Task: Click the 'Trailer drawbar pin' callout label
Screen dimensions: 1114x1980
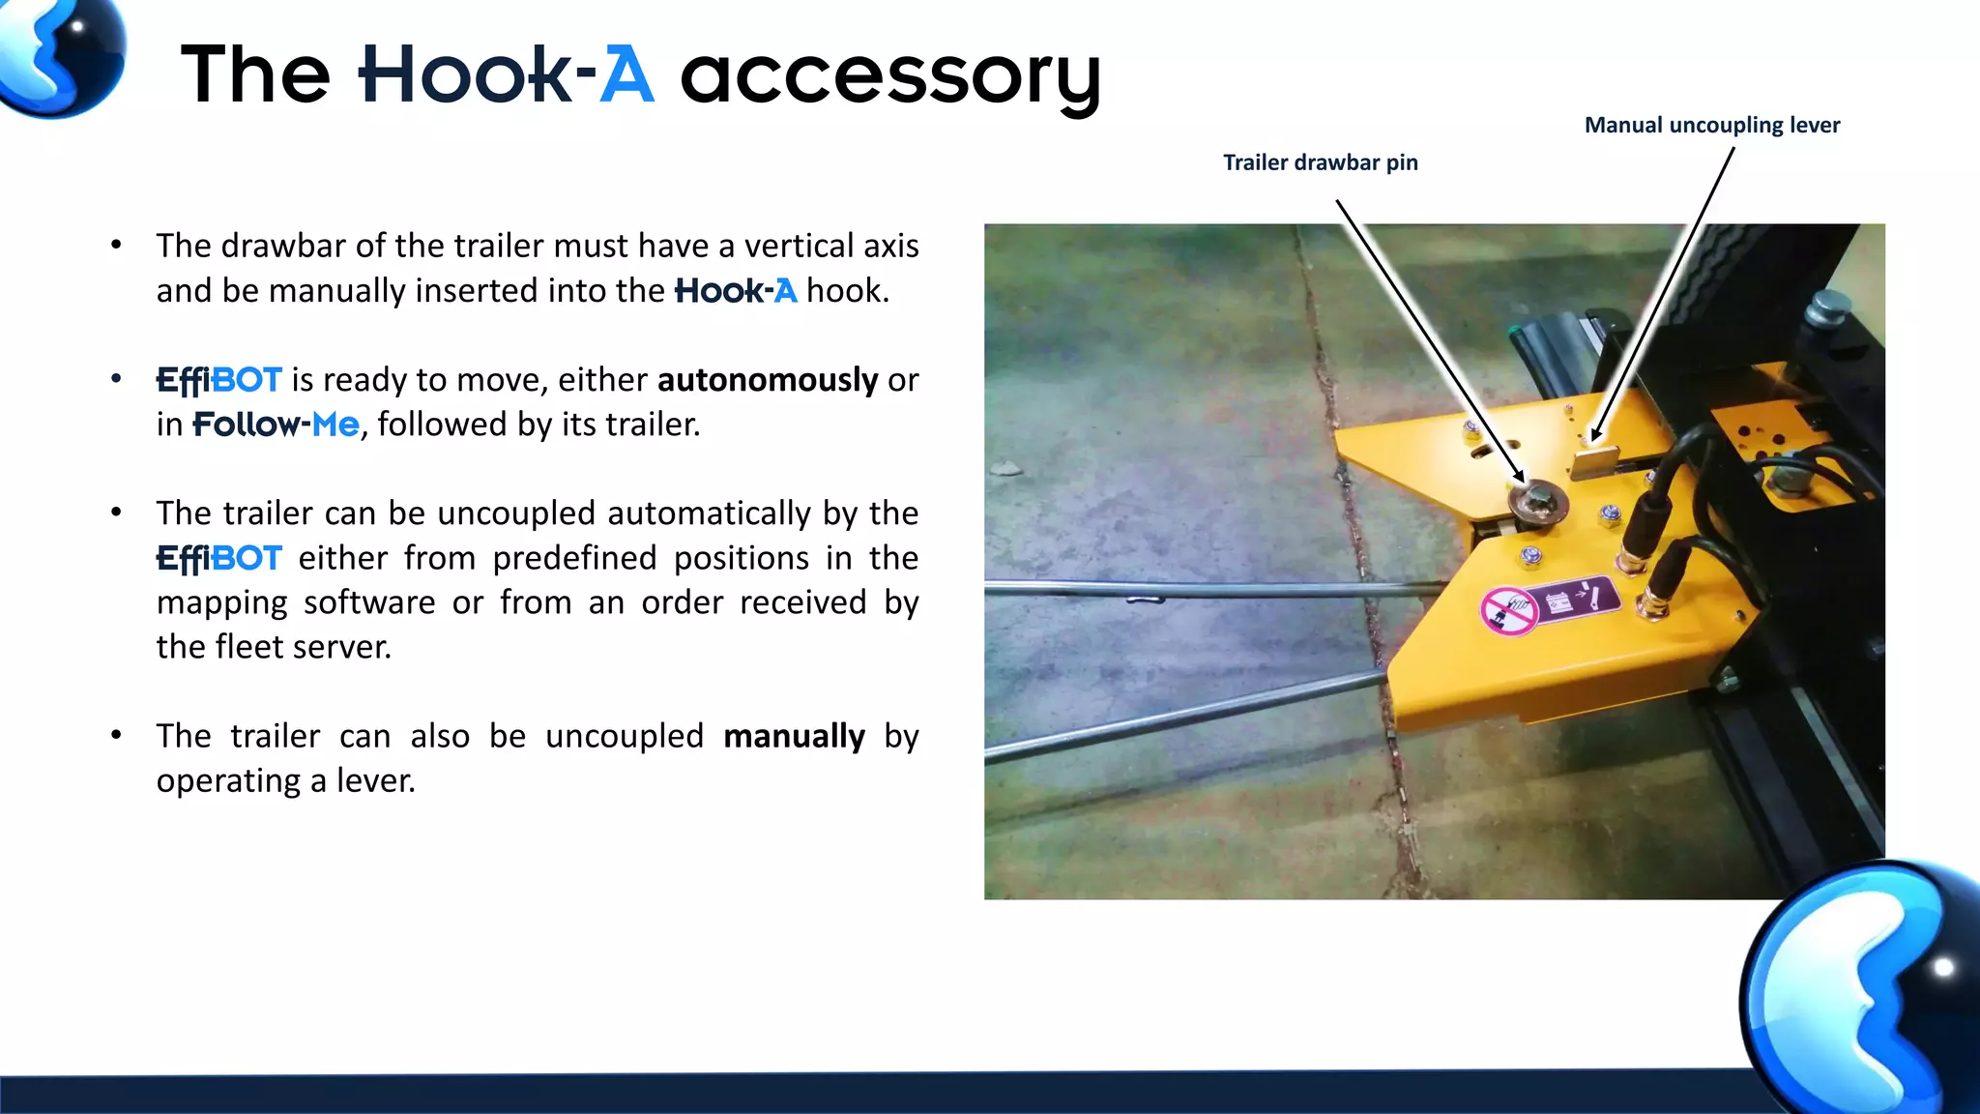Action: (1320, 162)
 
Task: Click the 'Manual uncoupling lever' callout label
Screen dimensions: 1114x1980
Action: (1711, 125)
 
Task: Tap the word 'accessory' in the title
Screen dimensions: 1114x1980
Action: (889, 77)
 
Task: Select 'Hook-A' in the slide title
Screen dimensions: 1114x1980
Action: (506, 74)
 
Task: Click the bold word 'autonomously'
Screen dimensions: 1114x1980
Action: (767, 380)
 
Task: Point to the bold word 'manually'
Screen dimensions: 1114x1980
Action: (794, 737)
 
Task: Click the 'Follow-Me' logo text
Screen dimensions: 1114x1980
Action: (276, 425)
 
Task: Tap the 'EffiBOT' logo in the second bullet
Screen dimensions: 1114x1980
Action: (218, 380)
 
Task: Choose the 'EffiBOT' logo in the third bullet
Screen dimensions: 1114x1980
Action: (218, 559)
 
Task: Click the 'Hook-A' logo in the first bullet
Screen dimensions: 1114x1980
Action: (735, 291)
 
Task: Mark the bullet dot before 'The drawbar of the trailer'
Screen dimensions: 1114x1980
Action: (116, 246)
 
